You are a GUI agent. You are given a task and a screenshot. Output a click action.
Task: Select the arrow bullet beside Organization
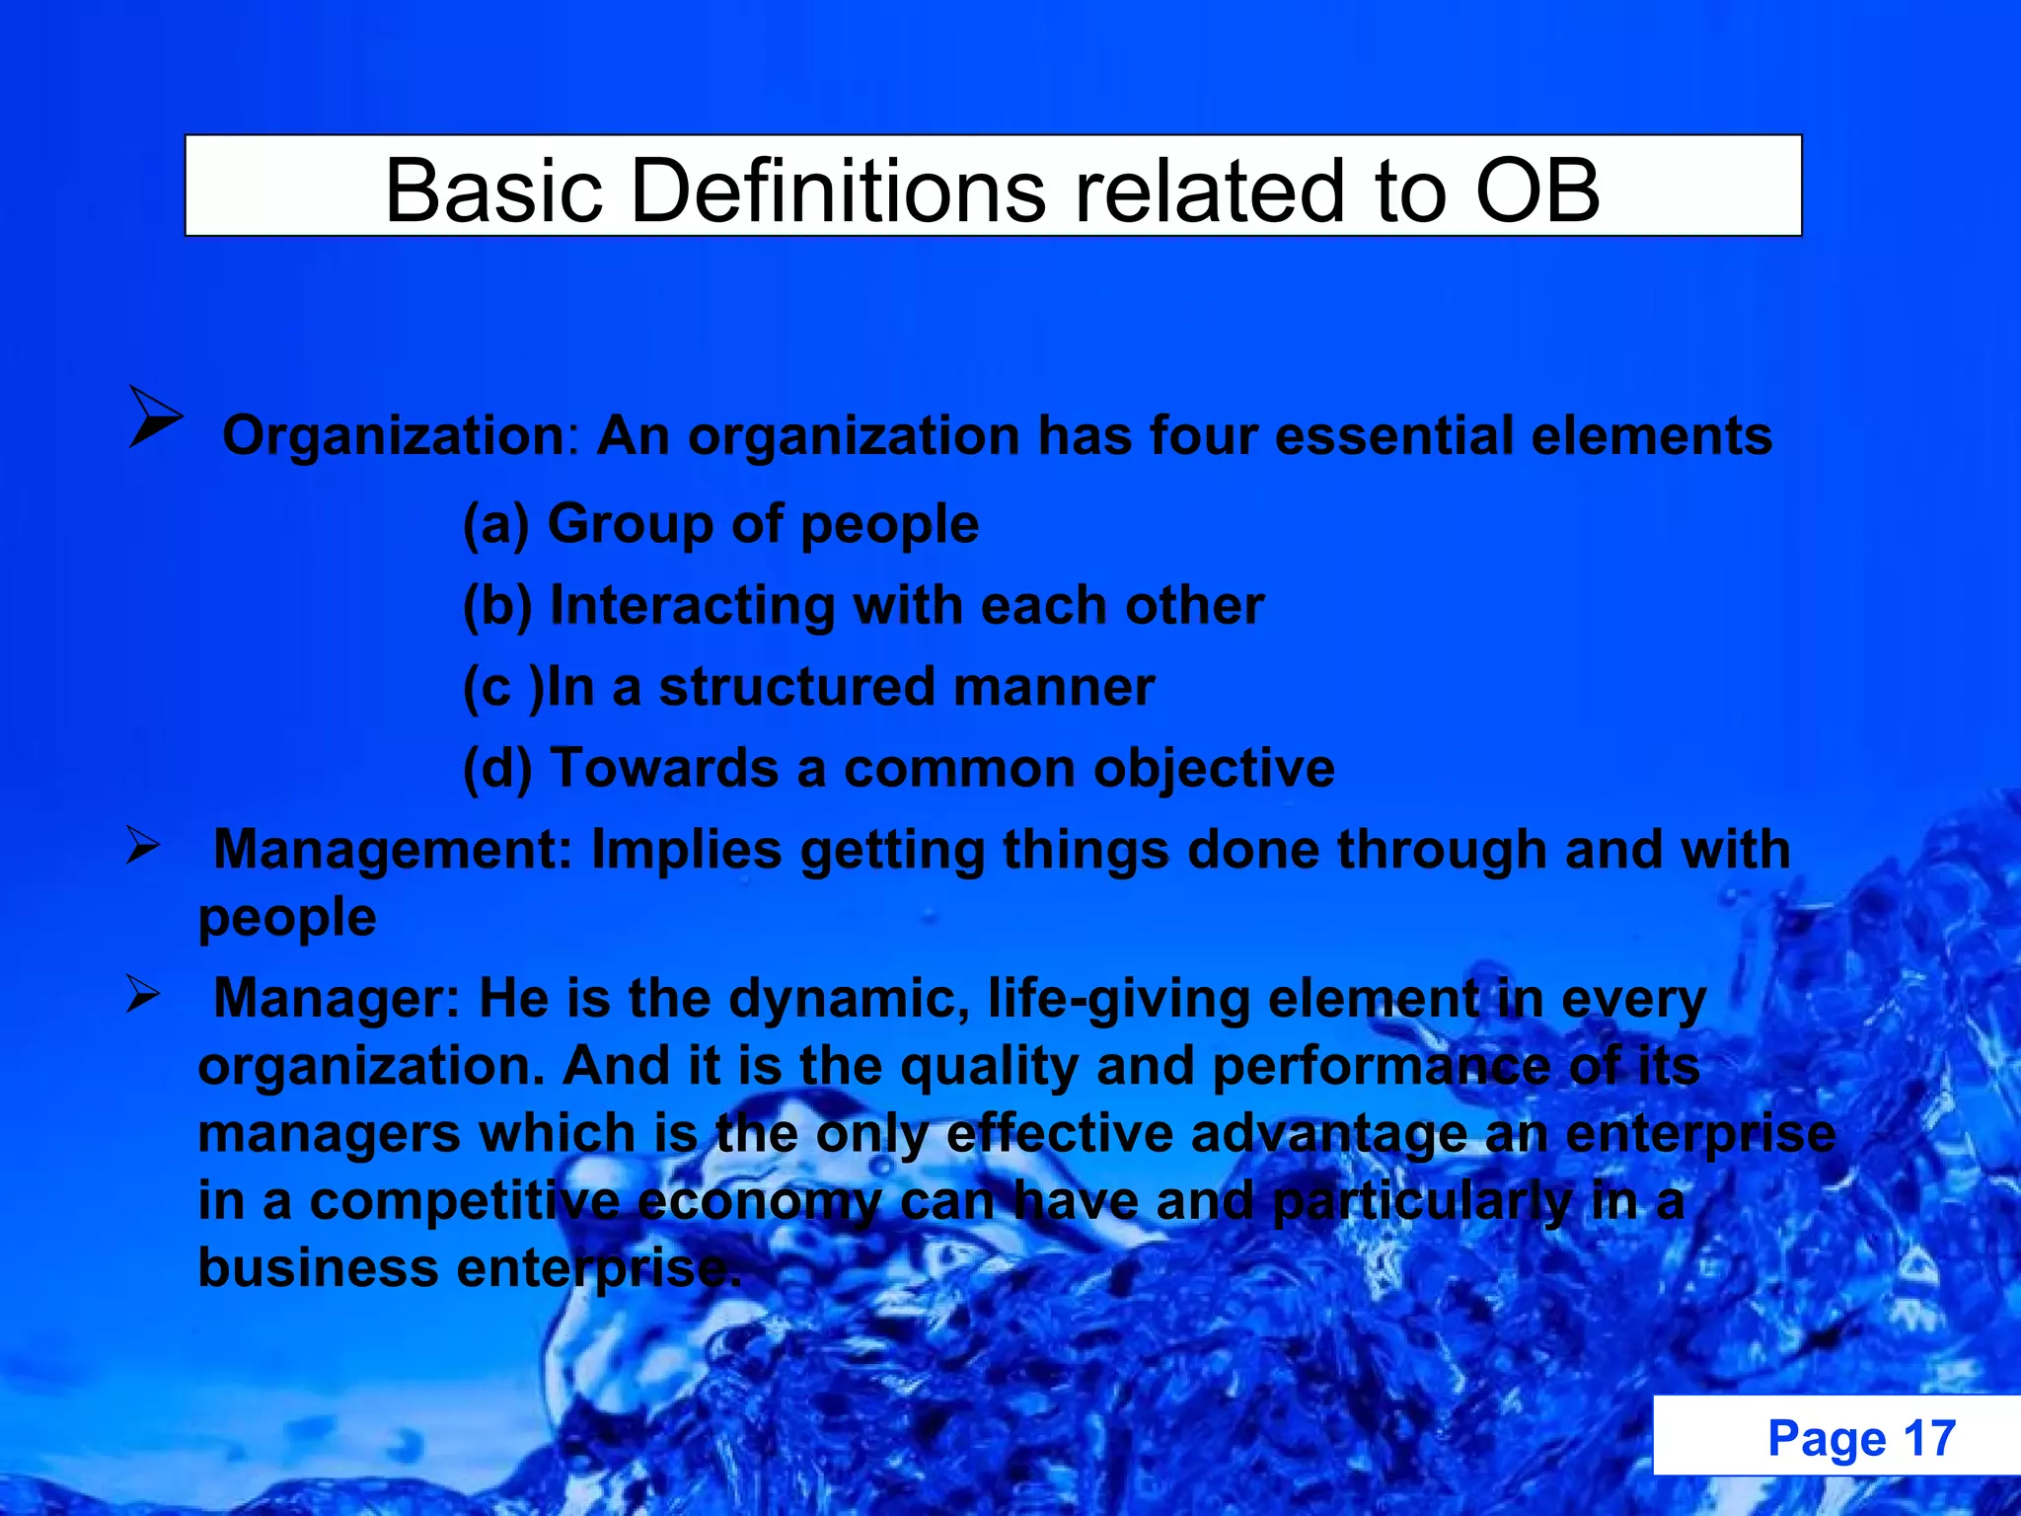(x=155, y=417)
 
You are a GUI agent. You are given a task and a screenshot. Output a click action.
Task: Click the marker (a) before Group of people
(x=496, y=524)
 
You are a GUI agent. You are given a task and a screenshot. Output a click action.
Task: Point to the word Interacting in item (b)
(x=692, y=605)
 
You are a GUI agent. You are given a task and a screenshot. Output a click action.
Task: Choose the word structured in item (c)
(x=796, y=687)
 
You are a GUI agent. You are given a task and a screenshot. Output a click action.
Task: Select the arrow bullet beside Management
(x=142, y=846)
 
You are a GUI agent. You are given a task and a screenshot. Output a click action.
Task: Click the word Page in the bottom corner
(x=1827, y=1438)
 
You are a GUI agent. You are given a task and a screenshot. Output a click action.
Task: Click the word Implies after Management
(x=687, y=850)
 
